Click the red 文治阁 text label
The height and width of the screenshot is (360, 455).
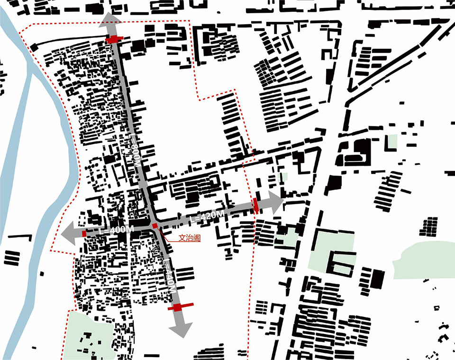pos(189,239)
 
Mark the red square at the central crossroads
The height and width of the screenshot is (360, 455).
pos(155,226)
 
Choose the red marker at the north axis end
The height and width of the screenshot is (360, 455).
pos(113,39)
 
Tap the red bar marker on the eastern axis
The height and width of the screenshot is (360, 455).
pos(256,206)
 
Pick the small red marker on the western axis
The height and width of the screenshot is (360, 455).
pos(84,234)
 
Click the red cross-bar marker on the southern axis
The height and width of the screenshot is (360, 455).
pos(179,307)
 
